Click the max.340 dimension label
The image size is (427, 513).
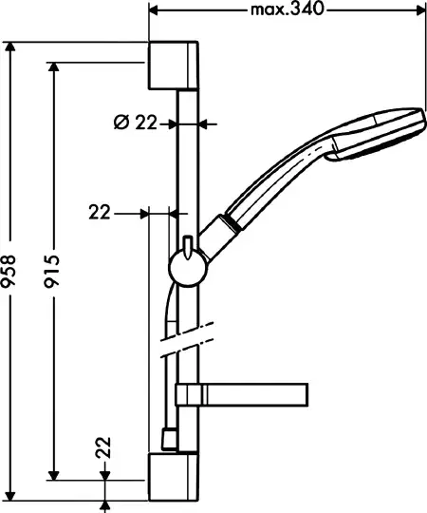click(288, 9)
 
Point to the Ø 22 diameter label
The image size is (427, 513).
click(136, 123)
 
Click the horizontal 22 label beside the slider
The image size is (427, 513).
click(100, 213)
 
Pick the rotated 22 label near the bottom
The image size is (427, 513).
click(103, 447)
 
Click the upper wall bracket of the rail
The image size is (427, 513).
click(173, 66)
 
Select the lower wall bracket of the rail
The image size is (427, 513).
click(173, 477)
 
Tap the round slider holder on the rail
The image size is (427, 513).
click(188, 268)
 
